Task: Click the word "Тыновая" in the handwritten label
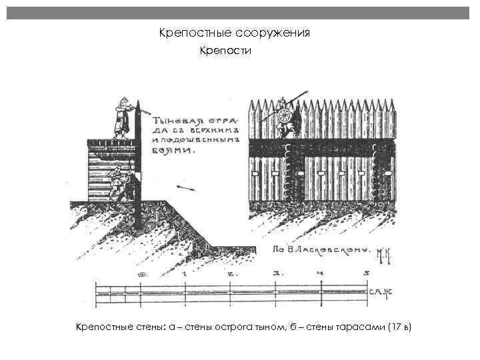point(174,122)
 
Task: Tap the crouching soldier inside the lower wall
point(118,181)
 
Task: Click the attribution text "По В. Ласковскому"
point(320,250)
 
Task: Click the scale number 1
point(184,273)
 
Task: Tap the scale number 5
point(366,273)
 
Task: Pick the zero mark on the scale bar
point(140,274)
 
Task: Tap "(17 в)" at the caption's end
point(400,327)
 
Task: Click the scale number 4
point(321,273)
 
